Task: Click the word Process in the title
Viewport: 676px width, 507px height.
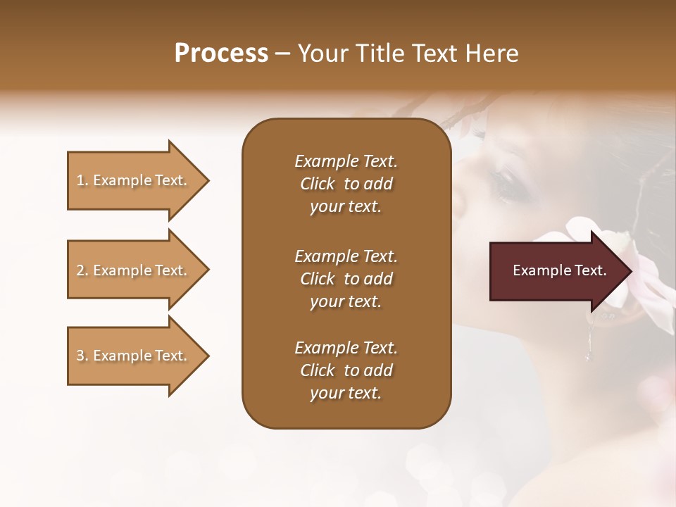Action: tap(221, 54)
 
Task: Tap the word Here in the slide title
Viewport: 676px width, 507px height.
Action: tap(491, 54)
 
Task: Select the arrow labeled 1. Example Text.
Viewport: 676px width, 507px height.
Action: tap(134, 180)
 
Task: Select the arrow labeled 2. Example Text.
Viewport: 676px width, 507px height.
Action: tap(134, 270)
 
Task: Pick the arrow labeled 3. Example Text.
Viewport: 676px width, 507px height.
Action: tap(134, 356)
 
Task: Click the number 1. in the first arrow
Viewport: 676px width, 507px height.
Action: tap(82, 180)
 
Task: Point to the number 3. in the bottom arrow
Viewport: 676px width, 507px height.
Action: tap(82, 356)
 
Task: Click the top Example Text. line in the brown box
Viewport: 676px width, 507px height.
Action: tap(346, 161)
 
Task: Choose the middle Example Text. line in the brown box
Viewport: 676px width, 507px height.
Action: tap(346, 256)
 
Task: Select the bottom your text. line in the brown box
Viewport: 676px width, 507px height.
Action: tap(346, 394)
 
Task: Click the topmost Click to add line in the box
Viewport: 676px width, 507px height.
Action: tap(346, 184)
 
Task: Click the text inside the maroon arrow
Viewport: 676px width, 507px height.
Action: tap(559, 270)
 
